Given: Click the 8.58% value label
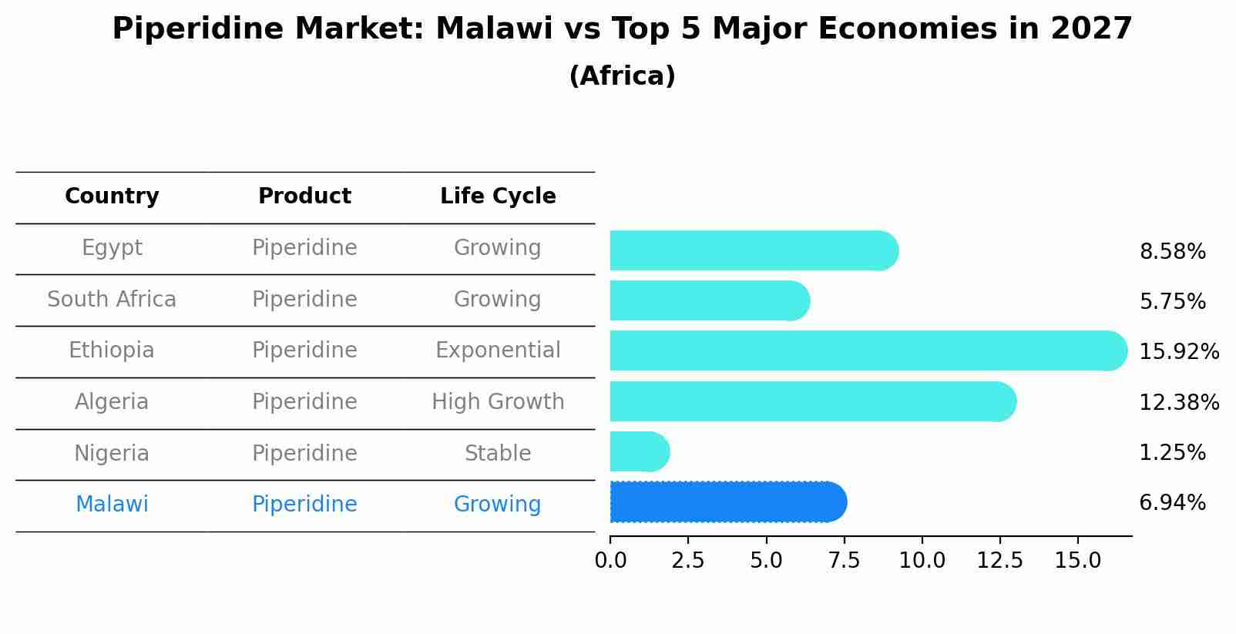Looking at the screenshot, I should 1172,252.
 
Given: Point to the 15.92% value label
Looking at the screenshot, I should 1178,352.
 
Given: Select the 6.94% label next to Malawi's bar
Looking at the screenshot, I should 1172,503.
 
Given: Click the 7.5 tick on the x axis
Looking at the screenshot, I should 844,561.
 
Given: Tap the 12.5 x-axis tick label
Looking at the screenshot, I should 999,561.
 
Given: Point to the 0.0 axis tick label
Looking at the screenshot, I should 610,561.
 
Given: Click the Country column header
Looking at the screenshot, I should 112,196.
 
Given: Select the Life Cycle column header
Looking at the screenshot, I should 498,196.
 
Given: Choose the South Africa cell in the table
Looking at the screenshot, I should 112,299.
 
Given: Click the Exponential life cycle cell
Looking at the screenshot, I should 498,351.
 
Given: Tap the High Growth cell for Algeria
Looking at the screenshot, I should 498,401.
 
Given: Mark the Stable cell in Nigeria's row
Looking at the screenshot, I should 498,453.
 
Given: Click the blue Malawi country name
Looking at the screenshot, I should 112,505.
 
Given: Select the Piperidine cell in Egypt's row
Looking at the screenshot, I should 304,248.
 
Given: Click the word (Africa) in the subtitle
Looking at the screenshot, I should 622,76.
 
